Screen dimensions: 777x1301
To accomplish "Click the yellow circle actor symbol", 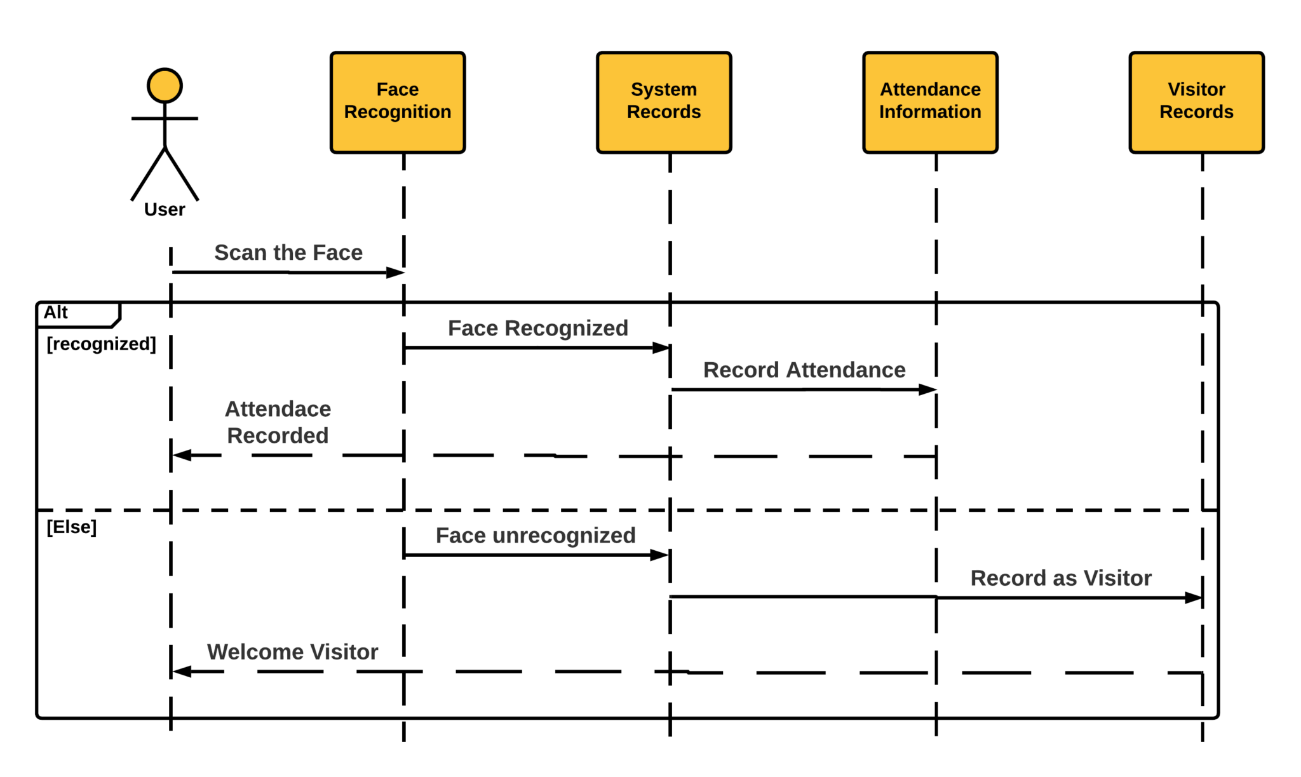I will click(x=165, y=86).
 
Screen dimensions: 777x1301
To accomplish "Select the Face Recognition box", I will click(x=398, y=102).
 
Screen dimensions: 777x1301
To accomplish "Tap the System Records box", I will click(x=664, y=102).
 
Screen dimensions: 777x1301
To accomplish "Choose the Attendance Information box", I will click(x=930, y=102).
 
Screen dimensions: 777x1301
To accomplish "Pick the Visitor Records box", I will click(x=1196, y=102).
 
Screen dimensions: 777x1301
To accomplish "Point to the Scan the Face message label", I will click(x=288, y=253).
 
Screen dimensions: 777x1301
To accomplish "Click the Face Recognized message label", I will click(x=537, y=328).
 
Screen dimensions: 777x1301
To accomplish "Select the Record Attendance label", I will click(x=804, y=370).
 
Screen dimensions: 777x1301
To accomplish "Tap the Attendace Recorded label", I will click(x=278, y=422).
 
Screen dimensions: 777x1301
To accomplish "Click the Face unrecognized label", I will click(x=536, y=536).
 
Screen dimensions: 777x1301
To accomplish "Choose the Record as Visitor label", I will click(x=1061, y=579).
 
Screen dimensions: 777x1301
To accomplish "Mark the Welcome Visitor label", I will click(x=292, y=652).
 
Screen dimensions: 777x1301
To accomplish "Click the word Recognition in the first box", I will click(x=398, y=112).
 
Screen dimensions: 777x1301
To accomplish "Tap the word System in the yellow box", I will click(x=664, y=90).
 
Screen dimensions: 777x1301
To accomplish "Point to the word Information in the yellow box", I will click(x=930, y=112).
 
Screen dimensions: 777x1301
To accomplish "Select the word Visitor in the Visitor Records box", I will click(x=1196, y=90).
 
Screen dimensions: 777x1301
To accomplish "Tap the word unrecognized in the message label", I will click(x=564, y=536).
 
